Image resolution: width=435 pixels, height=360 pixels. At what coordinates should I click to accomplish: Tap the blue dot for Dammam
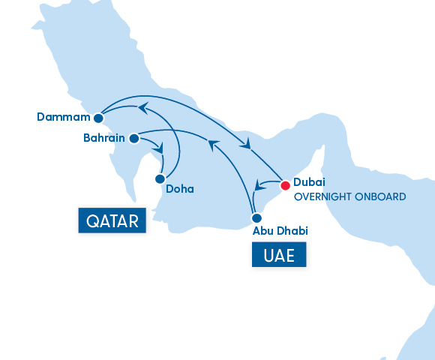[98, 118]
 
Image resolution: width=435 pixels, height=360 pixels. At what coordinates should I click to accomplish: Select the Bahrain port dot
[133, 139]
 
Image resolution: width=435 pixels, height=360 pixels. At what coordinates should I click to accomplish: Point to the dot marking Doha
[159, 179]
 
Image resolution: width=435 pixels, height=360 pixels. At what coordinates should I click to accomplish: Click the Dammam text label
[63, 117]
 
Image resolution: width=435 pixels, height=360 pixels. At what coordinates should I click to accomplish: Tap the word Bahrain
[103, 139]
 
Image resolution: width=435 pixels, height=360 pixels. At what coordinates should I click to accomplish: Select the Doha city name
[180, 189]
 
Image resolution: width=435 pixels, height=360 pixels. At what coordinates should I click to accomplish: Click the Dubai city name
[309, 182]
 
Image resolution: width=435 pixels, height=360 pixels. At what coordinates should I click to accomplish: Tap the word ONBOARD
[382, 197]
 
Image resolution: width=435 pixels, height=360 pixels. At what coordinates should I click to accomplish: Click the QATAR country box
[112, 222]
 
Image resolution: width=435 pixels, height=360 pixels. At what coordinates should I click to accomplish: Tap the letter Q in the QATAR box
[94, 222]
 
